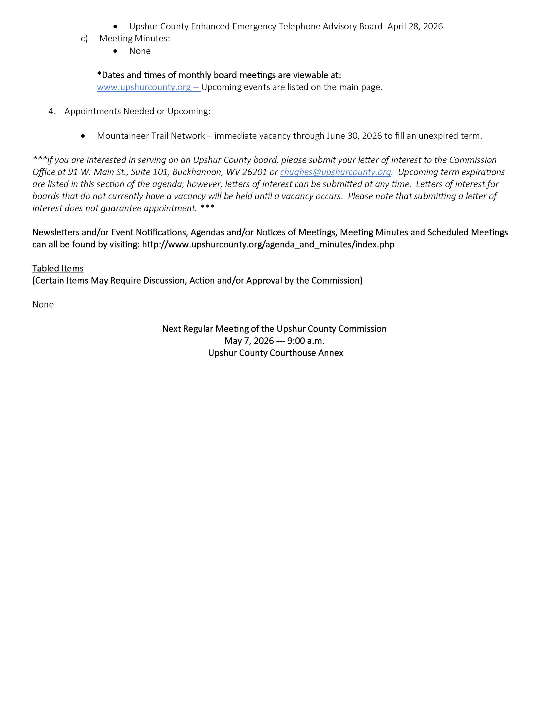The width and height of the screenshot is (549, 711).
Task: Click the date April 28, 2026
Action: (415, 26)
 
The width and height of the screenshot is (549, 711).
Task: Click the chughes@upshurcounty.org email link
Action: (336, 172)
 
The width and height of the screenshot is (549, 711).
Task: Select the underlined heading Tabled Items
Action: (58, 268)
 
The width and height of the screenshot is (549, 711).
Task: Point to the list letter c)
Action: (84, 39)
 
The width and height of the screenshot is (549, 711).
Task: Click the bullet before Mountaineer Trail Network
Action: (83, 136)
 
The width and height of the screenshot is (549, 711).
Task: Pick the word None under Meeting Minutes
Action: (140, 51)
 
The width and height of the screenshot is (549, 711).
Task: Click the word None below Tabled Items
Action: (43, 304)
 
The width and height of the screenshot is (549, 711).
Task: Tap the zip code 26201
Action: (255, 172)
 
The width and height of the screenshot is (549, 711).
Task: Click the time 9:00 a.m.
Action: (306, 341)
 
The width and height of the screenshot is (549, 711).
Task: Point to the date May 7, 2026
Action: (249, 341)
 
